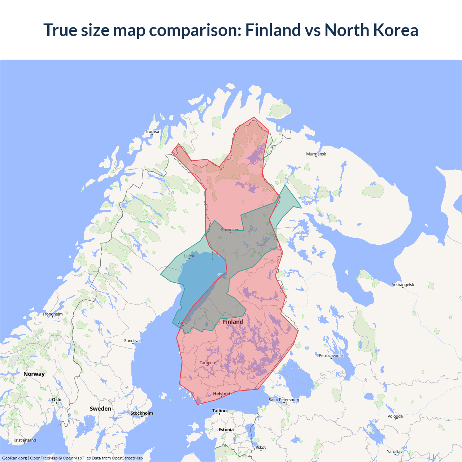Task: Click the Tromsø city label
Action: coord(152,132)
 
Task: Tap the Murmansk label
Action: coord(316,154)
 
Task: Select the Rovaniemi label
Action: coord(231,230)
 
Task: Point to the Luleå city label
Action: coord(189,256)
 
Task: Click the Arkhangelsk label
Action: coord(403,285)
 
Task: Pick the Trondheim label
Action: coord(53,314)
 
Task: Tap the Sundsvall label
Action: coord(133,341)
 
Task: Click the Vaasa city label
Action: coord(183,323)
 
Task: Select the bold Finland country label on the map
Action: coord(233,322)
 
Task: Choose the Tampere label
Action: coord(208,363)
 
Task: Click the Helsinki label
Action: coord(222,394)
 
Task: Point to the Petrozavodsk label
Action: coord(331,356)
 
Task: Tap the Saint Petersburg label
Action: coord(284,400)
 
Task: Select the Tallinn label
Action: coord(219,411)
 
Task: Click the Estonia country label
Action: coord(226,430)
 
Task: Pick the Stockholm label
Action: coord(141,413)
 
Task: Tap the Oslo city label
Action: coord(57,400)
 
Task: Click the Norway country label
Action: coord(34,374)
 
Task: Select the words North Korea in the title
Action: coord(371,30)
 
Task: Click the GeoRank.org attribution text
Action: coord(14,458)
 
